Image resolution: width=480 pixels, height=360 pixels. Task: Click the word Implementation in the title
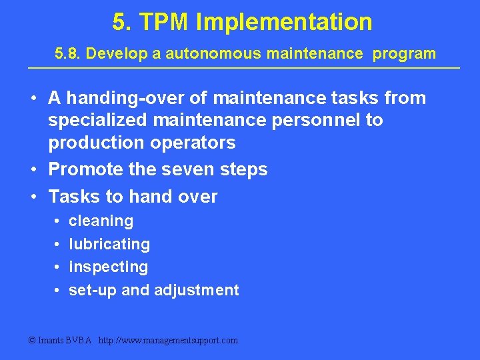click(x=284, y=22)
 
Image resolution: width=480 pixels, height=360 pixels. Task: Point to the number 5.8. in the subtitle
click(x=67, y=53)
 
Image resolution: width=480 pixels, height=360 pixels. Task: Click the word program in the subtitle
click(x=405, y=53)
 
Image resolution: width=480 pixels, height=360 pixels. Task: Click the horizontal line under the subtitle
click(x=243, y=68)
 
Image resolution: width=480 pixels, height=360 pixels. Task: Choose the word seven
click(x=183, y=169)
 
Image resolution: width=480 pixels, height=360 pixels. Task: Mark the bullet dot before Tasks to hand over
click(x=33, y=197)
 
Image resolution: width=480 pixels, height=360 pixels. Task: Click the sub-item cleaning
click(x=101, y=221)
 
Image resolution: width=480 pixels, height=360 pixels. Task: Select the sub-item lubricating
click(x=109, y=244)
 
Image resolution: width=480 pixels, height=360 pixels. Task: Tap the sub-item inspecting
click(x=109, y=267)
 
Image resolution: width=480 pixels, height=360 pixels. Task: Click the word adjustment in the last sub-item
click(x=197, y=290)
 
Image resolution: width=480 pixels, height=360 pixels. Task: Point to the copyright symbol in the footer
click(x=31, y=340)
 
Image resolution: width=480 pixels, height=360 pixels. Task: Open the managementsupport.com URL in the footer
click(x=168, y=340)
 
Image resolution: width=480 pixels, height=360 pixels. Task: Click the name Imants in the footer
click(x=51, y=340)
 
